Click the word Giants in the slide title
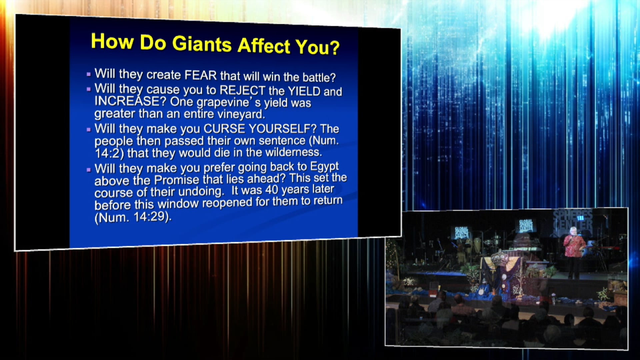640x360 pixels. [202, 44]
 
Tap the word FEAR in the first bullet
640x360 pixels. [201, 75]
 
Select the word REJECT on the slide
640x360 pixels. [242, 90]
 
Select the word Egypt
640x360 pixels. [324, 166]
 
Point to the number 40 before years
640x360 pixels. [272, 190]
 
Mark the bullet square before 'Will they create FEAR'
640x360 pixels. [89, 74]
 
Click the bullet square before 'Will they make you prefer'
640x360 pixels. [89, 169]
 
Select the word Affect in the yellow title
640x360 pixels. [264, 46]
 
